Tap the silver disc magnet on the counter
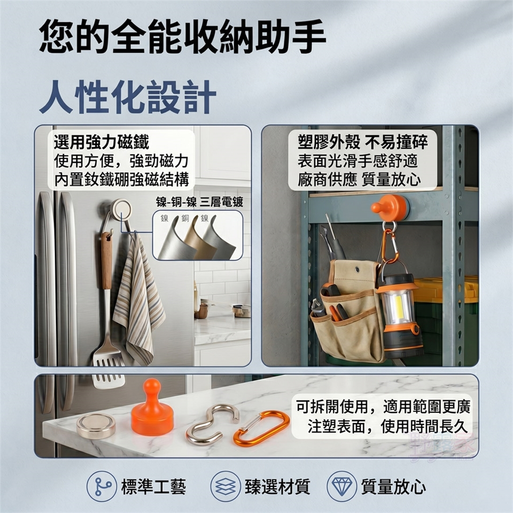point(96,425)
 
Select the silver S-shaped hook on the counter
point(212,425)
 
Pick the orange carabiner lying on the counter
point(261,428)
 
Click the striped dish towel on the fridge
point(139,298)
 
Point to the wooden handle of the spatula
point(106,261)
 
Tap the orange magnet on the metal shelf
point(390,206)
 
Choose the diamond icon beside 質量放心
point(341,486)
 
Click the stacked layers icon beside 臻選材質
point(226,486)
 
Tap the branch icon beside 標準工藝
point(102,486)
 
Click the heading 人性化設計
point(128,97)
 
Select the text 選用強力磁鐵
point(102,142)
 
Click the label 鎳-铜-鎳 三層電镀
point(199,202)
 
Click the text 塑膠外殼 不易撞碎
point(362,142)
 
